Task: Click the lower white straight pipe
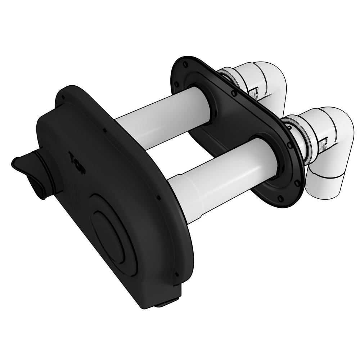(x=220, y=176)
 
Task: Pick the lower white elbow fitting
(x=328, y=151)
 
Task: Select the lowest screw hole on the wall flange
(x=280, y=198)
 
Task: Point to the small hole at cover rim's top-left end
(x=63, y=97)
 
